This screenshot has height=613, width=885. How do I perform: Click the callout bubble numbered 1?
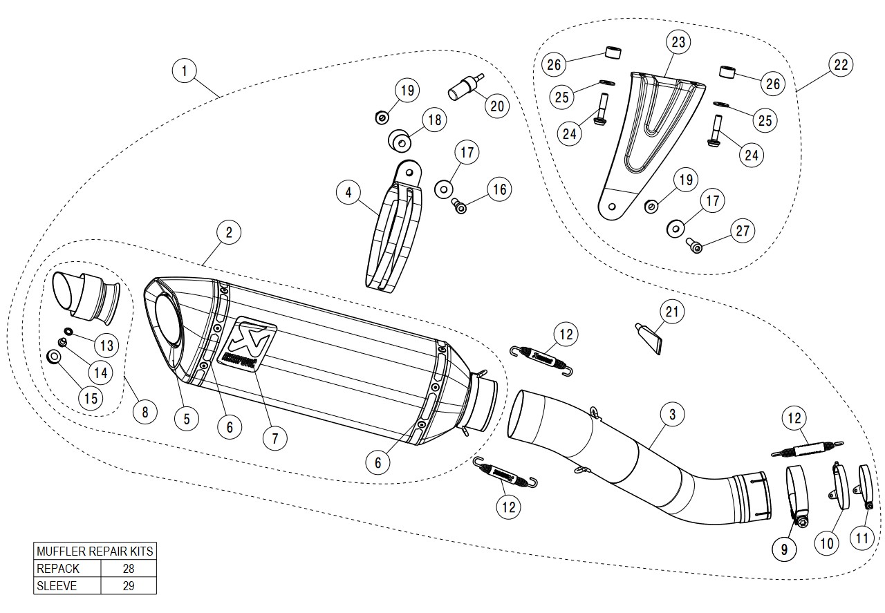point(185,70)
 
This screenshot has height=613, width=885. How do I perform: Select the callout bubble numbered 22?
point(841,66)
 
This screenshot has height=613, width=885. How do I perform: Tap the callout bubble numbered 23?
point(678,42)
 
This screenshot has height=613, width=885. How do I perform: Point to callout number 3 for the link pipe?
point(672,415)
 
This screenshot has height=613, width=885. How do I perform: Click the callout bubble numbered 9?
point(784,549)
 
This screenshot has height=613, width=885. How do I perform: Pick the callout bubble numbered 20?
point(497,106)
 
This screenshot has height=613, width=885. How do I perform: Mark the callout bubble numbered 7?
point(274,437)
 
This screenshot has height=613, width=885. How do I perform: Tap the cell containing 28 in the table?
point(128,569)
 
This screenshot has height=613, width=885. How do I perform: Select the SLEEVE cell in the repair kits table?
point(67,586)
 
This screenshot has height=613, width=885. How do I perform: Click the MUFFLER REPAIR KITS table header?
point(95,551)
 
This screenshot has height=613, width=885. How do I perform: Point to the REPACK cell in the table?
point(67,569)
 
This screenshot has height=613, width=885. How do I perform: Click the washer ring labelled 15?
point(53,357)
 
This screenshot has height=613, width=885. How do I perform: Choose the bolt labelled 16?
point(458,205)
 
